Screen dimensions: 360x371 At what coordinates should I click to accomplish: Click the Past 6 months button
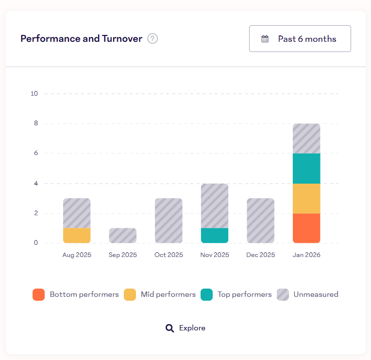pyautogui.click(x=300, y=39)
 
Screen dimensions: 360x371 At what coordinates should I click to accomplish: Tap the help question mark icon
pyautogui.click(x=152, y=39)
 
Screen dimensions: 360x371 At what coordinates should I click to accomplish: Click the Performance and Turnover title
pyautogui.click(x=81, y=39)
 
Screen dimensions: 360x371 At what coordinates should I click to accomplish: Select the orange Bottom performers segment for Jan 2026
pyautogui.click(x=306, y=228)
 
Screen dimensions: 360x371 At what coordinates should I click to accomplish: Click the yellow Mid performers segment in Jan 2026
pyautogui.click(x=306, y=198)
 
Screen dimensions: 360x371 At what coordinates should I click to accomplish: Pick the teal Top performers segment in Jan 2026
pyautogui.click(x=306, y=168)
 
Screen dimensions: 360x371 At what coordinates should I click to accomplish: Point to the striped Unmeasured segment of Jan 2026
pyautogui.click(x=306, y=138)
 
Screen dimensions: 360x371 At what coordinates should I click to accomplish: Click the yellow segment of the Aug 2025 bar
pyautogui.click(x=77, y=235)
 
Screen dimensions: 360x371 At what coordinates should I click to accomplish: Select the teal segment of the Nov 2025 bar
pyautogui.click(x=215, y=235)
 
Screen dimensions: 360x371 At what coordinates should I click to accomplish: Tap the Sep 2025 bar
pyautogui.click(x=123, y=235)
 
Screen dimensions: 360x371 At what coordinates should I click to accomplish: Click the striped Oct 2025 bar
pyautogui.click(x=169, y=221)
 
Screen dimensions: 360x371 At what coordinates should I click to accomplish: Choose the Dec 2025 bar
pyautogui.click(x=260, y=221)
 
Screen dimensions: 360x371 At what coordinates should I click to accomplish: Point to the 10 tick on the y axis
pyautogui.click(x=34, y=93)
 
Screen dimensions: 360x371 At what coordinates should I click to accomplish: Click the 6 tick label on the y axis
pyautogui.click(x=36, y=153)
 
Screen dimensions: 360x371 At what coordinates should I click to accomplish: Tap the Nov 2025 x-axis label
pyautogui.click(x=215, y=255)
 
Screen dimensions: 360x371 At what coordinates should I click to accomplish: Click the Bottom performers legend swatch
pyautogui.click(x=38, y=294)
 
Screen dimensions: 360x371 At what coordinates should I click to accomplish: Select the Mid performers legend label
pyautogui.click(x=168, y=294)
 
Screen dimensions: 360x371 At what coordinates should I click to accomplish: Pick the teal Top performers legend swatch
pyautogui.click(x=206, y=294)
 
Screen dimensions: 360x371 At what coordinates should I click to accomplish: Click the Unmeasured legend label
pyautogui.click(x=316, y=294)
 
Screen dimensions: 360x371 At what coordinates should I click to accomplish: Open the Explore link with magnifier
pyautogui.click(x=186, y=328)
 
